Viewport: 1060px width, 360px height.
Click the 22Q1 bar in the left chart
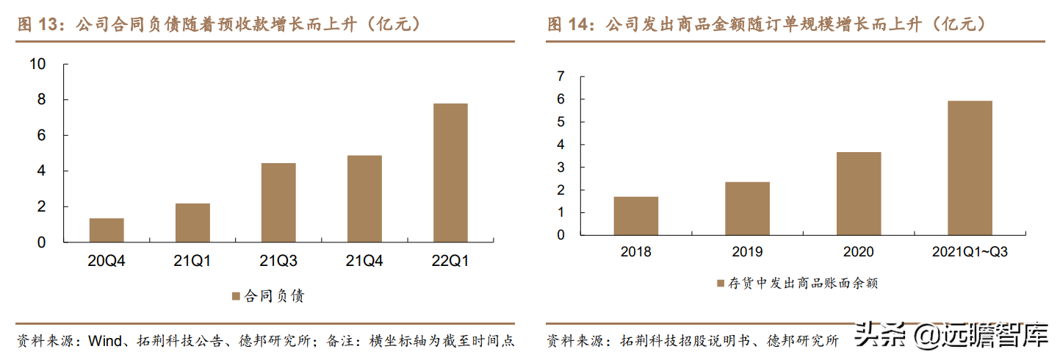point(450,173)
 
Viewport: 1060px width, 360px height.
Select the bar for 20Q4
point(107,230)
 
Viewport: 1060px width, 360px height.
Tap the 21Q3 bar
point(278,202)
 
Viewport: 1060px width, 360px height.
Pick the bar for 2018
point(636,216)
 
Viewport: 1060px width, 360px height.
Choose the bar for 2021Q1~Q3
point(970,168)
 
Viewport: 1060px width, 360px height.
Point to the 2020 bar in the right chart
point(859,194)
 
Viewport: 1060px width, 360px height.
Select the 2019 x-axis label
point(747,252)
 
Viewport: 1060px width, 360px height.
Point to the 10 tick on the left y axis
point(37,64)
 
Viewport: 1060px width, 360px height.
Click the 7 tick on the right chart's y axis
point(560,76)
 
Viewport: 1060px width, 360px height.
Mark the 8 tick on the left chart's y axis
point(42,100)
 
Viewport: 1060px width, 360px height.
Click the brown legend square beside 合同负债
point(236,296)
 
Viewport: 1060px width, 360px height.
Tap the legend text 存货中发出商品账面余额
point(802,282)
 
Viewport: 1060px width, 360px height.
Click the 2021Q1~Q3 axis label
point(970,252)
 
